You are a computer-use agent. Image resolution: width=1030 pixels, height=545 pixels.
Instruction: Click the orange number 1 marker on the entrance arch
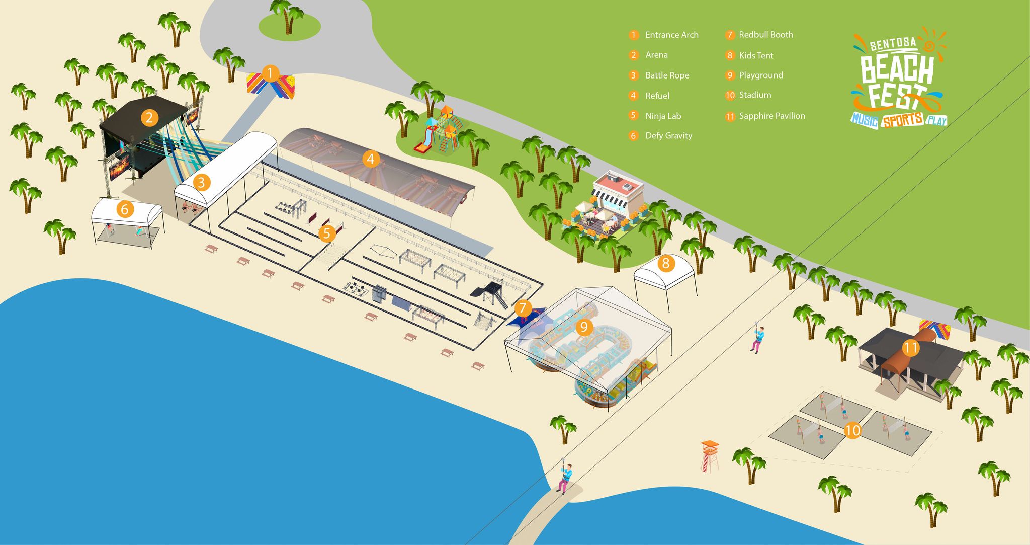click(270, 73)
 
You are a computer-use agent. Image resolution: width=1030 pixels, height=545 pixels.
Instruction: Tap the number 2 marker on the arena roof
click(149, 118)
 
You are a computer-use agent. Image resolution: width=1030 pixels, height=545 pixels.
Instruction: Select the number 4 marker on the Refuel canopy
click(371, 160)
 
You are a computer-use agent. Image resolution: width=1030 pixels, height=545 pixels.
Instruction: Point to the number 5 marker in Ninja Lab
click(327, 233)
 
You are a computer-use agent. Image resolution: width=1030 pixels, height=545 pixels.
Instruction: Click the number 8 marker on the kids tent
click(666, 263)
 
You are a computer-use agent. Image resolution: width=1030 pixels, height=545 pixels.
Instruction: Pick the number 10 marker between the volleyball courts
click(852, 430)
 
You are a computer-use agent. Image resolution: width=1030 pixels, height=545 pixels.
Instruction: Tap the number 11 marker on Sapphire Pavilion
click(911, 347)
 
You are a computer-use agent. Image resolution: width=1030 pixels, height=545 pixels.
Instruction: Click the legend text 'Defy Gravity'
click(668, 136)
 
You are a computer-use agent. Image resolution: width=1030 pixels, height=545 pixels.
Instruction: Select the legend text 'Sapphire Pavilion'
click(771, 116)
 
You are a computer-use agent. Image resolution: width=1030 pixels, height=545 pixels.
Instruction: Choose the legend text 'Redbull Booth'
click(765, 35)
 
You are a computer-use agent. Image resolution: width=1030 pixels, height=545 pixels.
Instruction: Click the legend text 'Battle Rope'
click(667, 75)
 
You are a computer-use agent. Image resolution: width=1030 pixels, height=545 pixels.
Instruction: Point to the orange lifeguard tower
click(710, 455)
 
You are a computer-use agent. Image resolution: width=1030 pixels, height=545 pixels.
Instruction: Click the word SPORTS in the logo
click(903, 121)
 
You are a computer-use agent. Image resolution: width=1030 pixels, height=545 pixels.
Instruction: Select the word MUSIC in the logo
click(864, 120)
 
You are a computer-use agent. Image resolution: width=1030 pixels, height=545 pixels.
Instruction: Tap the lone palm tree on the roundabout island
click(288, 15)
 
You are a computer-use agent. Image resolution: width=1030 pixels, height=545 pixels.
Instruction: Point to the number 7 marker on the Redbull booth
click(523, 308)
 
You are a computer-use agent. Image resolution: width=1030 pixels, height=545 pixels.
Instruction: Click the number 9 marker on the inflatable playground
click(583, 328)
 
